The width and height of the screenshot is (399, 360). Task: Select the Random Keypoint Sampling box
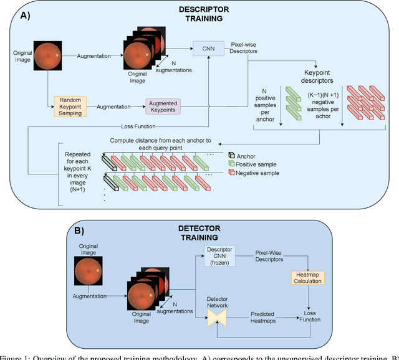pos(71,106)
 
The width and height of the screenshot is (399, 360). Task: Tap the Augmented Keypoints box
pos(161,106)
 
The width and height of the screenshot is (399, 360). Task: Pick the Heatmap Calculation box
pos(307,277)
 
